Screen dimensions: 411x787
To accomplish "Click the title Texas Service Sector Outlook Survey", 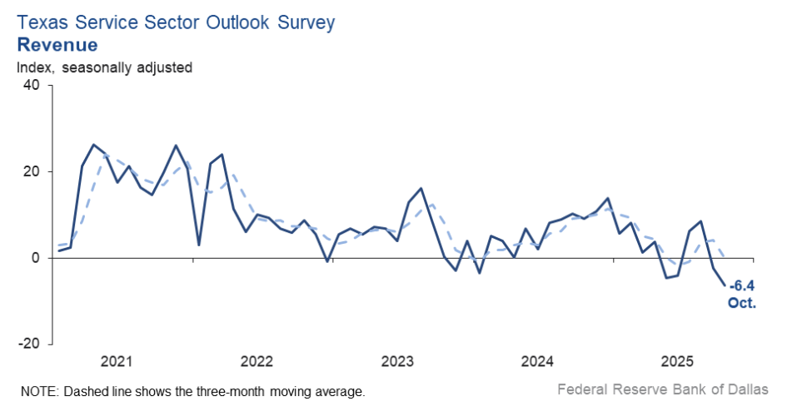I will (x=175, y=22).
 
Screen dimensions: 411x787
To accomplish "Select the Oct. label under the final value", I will (x=742, y=304).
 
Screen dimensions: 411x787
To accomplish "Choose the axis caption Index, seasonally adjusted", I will (x=104, y=67).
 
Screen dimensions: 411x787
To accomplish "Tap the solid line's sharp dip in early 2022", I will (x=198, y=245).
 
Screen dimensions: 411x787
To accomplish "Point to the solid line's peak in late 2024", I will (x=608, y=198).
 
